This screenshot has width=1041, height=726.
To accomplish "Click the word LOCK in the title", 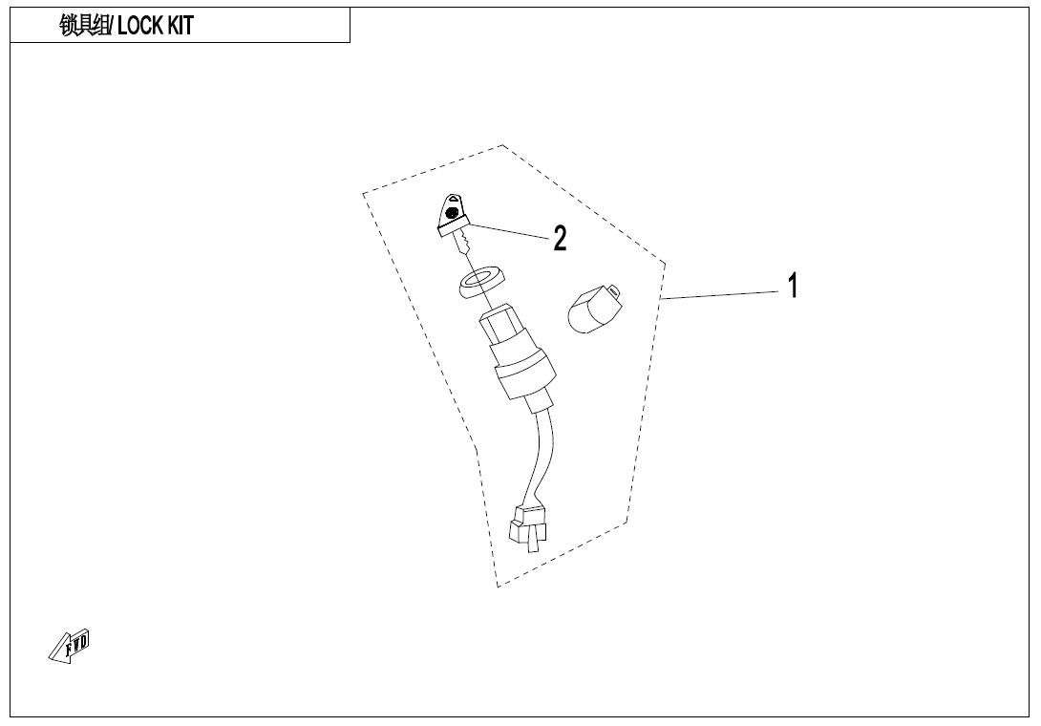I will coord(142,26).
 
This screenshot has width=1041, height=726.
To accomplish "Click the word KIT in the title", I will coord(181,26).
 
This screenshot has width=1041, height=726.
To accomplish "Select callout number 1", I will coord(792,285).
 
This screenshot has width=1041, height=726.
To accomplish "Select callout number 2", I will coord(561,239).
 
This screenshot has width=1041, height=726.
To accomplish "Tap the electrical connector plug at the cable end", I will coord(532,528).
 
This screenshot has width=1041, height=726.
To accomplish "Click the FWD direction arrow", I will coord(69,647).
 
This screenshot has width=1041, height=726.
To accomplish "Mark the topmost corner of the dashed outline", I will coord(502,145).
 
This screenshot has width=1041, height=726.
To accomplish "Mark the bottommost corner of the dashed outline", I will coord(498,587).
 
